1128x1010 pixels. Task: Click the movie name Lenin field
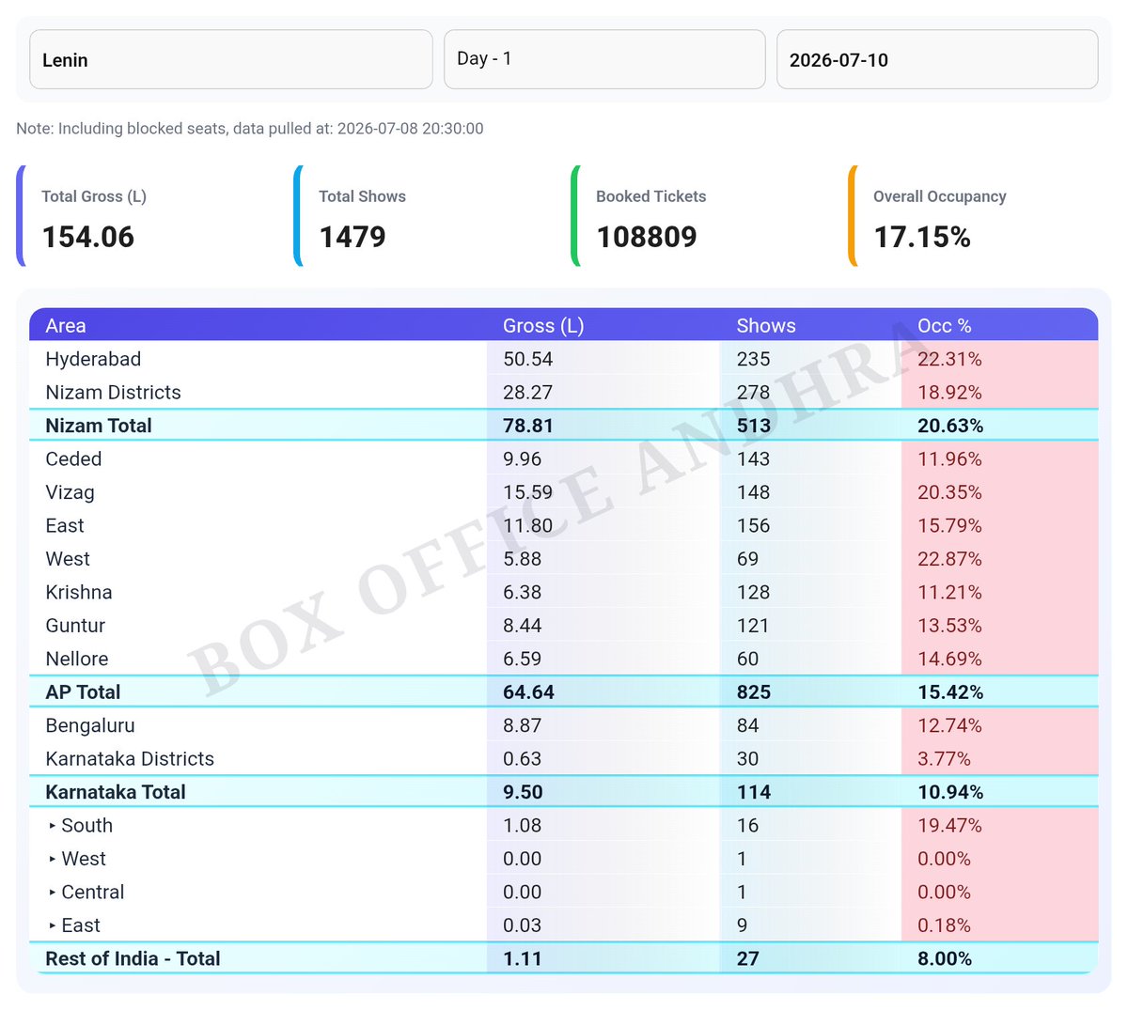tap(230, 59)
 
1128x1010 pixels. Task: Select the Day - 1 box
tap(604, 59)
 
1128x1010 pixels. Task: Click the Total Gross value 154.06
tap(88, 237)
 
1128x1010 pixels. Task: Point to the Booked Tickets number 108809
tap(647, 237)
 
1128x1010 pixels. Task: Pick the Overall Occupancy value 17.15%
tap(922, 237)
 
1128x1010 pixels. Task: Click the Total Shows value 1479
tap(352, 237)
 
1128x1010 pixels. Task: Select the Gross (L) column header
tap(543, 326)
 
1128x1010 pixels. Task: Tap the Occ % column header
tap(945, 326)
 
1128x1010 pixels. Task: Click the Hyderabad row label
tap(93, 360)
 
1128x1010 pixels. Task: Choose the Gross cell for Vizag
tap(527, 492)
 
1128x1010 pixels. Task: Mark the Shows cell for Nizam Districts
tap(753, 393)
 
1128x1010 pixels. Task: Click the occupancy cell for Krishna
tap(949, 593)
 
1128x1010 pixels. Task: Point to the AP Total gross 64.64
tap(528, 692)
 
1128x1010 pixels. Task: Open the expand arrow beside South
tap(52, 826)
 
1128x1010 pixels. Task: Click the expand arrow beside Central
tap(52, 893)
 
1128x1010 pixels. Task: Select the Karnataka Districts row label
tap(130, 759)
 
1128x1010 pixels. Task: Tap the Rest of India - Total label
tap(133, 959)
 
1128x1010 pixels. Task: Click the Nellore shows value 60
tap(747, 660)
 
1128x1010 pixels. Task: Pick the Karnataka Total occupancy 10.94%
tap(949, 792)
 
